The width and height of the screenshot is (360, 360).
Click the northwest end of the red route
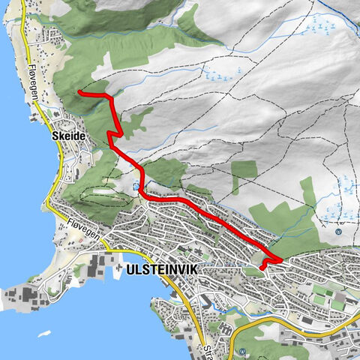click(x=79, y=91)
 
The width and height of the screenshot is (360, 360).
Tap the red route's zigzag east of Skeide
click(x=112, y=135)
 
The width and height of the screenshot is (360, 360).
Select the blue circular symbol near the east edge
click(x=338, y=231)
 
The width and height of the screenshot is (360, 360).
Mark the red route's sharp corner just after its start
click(x=110, y=97)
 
